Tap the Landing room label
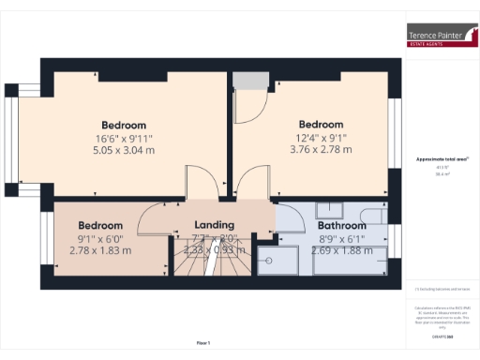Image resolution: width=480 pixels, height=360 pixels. [x=214, y=226]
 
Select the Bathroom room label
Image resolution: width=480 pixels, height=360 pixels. [x=341, y=226]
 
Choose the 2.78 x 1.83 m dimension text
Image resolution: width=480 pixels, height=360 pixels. [x=99, y=251]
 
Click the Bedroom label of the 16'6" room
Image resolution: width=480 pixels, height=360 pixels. [x=124, y=125]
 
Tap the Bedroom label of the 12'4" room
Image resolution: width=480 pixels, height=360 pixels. [x=321, y=124]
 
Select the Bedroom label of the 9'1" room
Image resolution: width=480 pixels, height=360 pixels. [x=99, y=226]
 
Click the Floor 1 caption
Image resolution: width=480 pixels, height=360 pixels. [x=203, y=343]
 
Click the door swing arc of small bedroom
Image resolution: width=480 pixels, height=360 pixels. [x=150, y=221]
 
